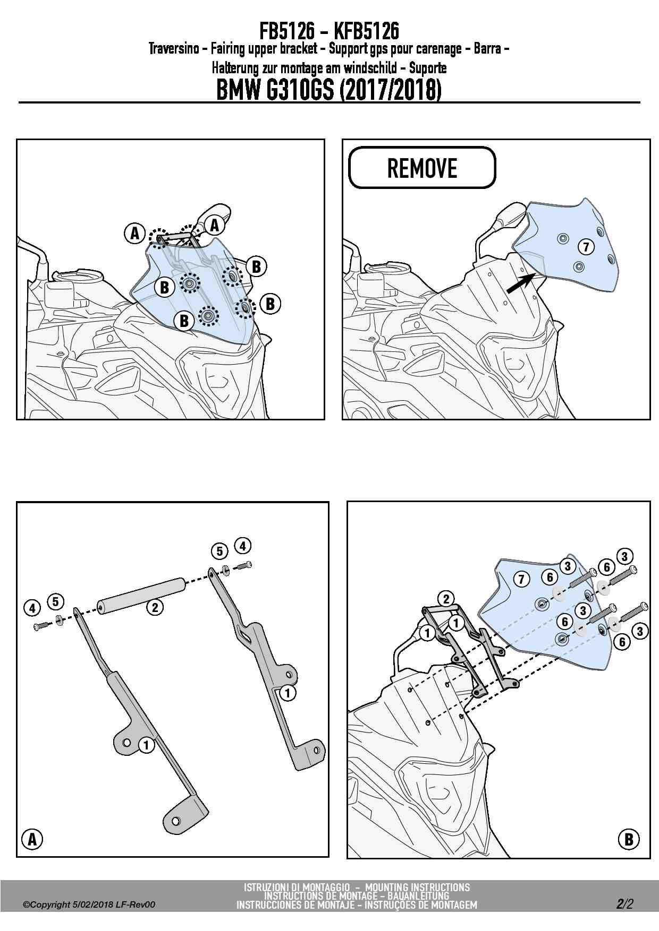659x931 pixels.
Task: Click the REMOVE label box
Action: pos(422,168)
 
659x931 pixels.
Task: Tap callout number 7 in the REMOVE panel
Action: pos(586,246)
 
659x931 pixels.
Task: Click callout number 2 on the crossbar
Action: pos(155,607)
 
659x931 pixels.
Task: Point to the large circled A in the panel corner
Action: pos(32,839)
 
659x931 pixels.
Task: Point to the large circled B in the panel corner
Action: pos(629,839)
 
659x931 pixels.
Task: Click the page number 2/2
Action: pos(625,904)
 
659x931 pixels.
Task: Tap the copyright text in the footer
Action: pos(89,904)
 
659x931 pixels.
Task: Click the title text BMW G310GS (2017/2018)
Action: pos(329,90)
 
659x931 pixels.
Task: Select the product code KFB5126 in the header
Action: pos(366,31)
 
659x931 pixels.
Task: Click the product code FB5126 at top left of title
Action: pos(287,31)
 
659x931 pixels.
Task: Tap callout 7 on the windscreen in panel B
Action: pos(521,579)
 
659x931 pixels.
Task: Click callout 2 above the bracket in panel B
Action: pos(446,599)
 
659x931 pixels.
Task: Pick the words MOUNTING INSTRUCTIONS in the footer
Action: pos(417,887)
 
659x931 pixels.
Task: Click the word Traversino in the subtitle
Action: pos(174,49)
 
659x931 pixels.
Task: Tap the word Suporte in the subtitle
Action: pos(427,68)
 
